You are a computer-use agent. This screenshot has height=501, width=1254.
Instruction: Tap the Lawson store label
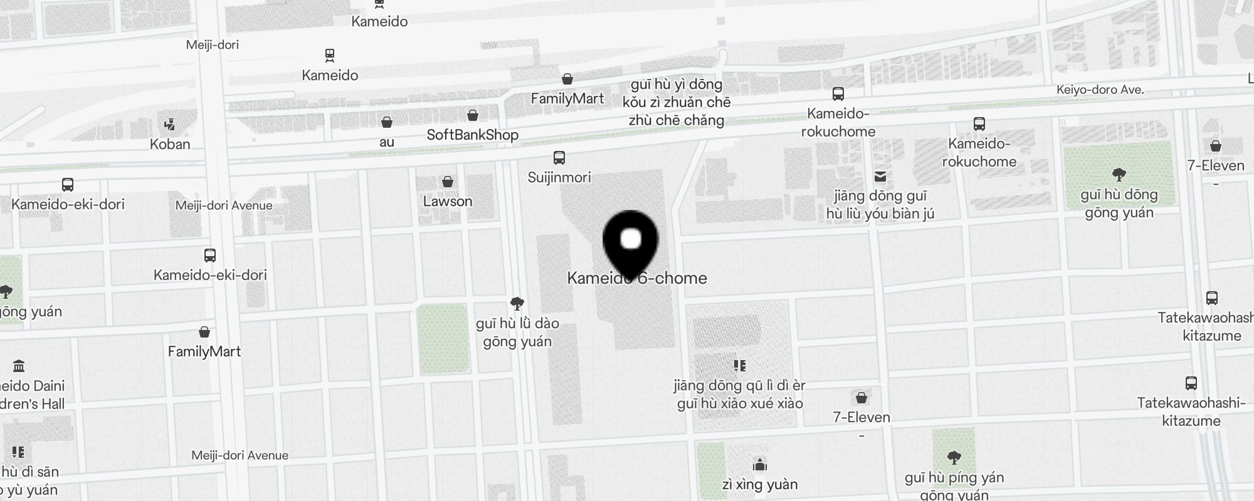pyautogui.click(x=447, y=201)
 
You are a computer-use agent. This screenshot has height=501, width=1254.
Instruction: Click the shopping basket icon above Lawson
pyautogui.click(x=448, y=182)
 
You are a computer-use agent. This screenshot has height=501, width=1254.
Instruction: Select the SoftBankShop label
pyautogui.click(x=472, y=135)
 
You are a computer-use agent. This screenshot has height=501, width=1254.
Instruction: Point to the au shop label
pyautogui.click(x=387, y=142)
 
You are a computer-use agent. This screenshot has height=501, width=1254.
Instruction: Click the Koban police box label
pyautogui.click(x=170, y=144)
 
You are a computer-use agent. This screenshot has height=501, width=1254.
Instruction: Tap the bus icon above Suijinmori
pyautogui.click(x=559, y=158)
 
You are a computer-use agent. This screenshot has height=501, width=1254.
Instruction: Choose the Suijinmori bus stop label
pyautogui.click(x=559, y=177)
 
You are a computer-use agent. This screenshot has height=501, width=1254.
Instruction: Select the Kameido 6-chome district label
pyautogui.click(x=637, y=278)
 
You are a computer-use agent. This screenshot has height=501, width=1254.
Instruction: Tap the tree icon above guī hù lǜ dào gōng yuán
pyautogui.click(x=517, y=304)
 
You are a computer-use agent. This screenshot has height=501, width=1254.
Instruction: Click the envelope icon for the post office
pyautogui.click(x=880, y=177)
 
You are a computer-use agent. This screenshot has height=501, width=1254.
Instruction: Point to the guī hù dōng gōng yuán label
pyautogui.click(x=1119, y=204)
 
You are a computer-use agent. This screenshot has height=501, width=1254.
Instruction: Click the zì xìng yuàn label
pyautogui.click(x=760, y=484)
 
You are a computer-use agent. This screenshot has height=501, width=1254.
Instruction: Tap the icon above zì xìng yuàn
pyautogui.click(x=760, y=465)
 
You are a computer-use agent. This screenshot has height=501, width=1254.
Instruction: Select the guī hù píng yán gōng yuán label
pyautogui.click(x=954, y=486)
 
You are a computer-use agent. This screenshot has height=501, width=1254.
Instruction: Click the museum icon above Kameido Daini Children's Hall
pyautogui.click(x=19, y=366)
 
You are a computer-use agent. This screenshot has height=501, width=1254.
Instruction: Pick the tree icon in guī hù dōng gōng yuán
pyautogui.click(x=1119, y=174)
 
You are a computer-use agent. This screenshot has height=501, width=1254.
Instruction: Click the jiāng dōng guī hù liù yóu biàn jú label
pyautogui.click(x=880, y=205)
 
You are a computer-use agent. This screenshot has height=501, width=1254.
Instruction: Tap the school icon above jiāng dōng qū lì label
pyautogui.click(x=740, y=365)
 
